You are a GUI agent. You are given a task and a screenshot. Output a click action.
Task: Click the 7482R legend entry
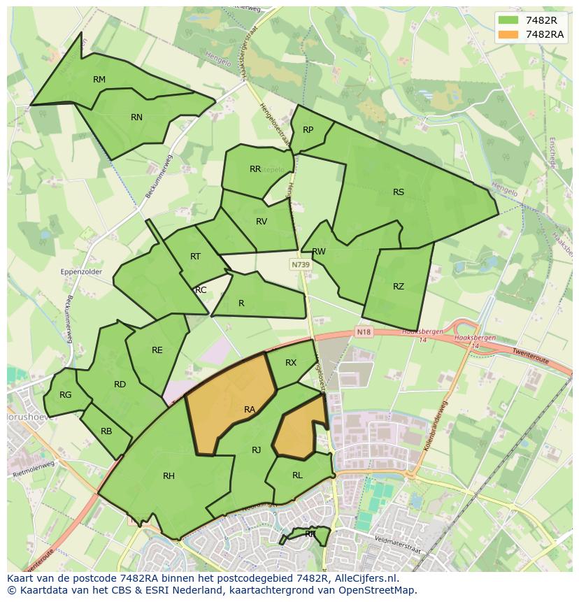pos(530,20)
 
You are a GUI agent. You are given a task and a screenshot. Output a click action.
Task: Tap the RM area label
pos(99,80)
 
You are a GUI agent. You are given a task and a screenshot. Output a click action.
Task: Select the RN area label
pos(136,117)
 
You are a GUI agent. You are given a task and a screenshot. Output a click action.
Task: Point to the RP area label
pos(308,130)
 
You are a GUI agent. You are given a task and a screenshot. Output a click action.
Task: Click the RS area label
pos(399,192)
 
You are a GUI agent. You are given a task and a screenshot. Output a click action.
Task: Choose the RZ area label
pos(399,287)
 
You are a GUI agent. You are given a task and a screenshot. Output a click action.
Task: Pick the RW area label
pos(319,252)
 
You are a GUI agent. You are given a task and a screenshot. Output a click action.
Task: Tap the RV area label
pos(262,222)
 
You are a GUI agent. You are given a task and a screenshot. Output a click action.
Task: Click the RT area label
pos(195,257)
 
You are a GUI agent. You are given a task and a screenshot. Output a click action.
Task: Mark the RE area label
pos(157,350)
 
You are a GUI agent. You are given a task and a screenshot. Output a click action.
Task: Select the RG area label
pos(66,395)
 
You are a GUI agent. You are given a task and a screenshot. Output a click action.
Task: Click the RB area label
pos(106,431)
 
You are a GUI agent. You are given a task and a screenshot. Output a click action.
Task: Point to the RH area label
pos(169,476)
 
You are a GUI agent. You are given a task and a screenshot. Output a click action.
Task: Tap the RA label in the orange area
pos(250,410)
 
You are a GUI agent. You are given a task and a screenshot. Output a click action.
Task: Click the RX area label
pos(291,363)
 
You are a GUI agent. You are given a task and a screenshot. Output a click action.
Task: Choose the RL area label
pos(297,475)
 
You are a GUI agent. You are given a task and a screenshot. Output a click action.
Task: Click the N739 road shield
pos(301,265)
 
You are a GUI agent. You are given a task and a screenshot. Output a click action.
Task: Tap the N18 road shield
pos(363,331)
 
